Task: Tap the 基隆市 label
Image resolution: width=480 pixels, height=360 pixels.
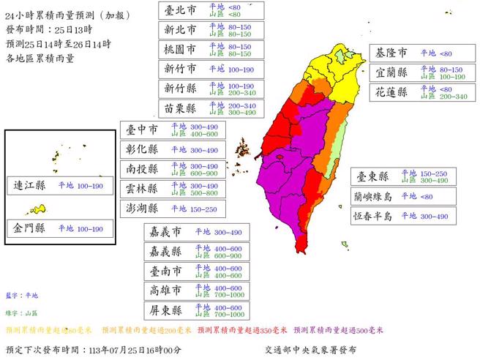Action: pos(392,53)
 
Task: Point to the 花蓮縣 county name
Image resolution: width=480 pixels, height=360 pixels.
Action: pos(392,93)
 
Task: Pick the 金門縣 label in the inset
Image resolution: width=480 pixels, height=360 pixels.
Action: pos(30,228)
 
